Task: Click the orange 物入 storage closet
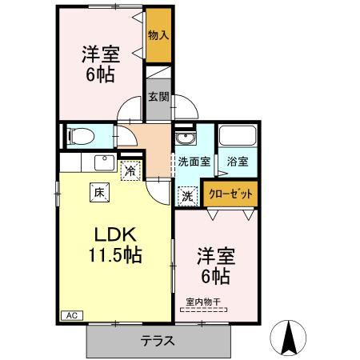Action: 158,35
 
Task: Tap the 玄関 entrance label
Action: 158,98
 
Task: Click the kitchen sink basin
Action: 103,163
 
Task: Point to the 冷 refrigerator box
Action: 128,170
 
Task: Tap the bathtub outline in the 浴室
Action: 237,137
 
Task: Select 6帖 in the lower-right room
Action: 214,277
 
